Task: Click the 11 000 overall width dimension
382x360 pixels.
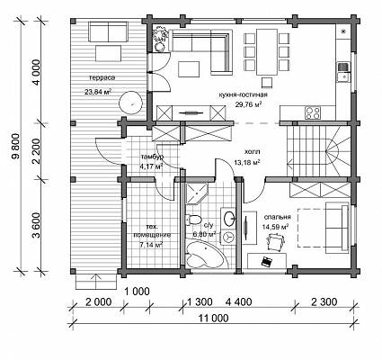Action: pyautogui.click(x=214, y=319)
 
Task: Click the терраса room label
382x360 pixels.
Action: pyautogui.click(x=102, y=77)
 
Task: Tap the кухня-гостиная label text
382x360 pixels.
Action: pyautogui.click(x=243, y=94)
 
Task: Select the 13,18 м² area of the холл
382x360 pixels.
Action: pyautogui.click(x=247, y=163)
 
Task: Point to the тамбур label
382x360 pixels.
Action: pyautogui.click(x=152, y=157)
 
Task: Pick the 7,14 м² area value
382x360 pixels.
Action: pyautogui.click(x=151, y=245)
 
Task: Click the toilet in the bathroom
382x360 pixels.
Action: pyautogui.click(x=193, y=220)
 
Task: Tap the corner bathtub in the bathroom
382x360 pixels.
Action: pyautogui.click(x=206, y=255)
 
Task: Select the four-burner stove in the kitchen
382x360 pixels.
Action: pyautogui.click(x=313, y=112)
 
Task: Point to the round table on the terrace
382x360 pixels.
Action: pyautogui.click(x=131, y=102)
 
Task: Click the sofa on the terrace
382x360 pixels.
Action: pyautogui.click(x=108, y=33)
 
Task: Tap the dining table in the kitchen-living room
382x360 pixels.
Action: pyautogui.click(x=267, y=52)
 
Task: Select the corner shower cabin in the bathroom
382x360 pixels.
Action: pyautogui.click(x=197, y=193)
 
